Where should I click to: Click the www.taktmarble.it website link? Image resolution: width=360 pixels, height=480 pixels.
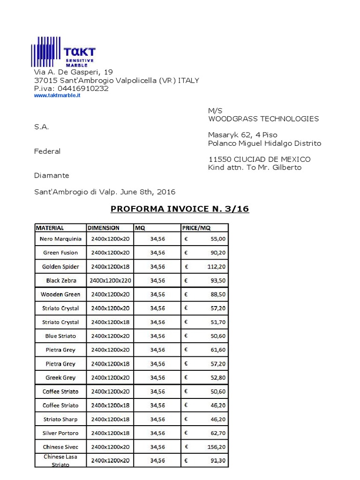57,96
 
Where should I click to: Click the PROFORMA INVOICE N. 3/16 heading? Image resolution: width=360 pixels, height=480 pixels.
180,209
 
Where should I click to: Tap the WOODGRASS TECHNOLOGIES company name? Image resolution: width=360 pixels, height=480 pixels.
263,119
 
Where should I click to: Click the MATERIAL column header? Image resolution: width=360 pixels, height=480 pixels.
50,228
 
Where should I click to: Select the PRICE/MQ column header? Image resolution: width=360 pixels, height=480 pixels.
196,228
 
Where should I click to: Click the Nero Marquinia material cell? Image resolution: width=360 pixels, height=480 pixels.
60,239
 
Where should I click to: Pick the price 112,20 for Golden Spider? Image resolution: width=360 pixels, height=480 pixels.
216,267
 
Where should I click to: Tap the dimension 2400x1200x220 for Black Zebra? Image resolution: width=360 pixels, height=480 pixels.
110,280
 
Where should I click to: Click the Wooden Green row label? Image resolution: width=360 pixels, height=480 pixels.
60,294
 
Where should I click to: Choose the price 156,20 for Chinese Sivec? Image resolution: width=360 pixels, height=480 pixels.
216,447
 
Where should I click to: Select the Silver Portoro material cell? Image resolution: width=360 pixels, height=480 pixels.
60,433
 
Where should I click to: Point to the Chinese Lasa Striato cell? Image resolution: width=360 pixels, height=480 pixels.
60,460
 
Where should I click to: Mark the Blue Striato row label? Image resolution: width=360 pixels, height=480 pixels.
60,336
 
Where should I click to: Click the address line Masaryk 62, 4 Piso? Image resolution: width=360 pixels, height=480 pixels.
242,135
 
